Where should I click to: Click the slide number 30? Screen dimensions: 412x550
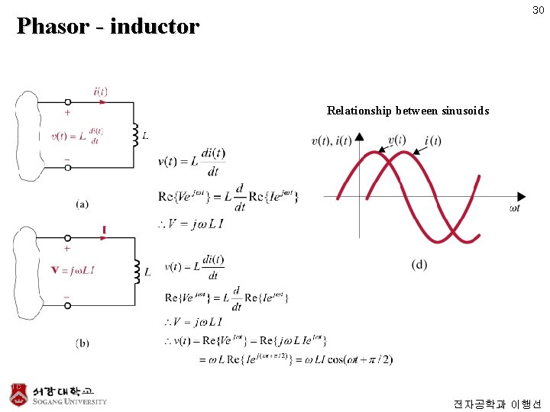[538, 10]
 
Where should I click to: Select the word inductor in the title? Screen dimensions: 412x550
[154, 27]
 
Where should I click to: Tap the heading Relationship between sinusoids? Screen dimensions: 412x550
[407, 111]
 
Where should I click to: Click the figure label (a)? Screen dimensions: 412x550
[82, 204]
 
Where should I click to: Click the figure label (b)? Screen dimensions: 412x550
[82, 343]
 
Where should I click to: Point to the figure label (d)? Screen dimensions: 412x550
[419, 265]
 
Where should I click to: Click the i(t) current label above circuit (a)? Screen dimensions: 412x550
[100, 92]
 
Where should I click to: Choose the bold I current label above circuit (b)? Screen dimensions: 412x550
[104, 229]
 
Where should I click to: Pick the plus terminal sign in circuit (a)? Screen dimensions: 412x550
[67, 113]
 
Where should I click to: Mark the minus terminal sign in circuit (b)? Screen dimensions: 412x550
[67, 295]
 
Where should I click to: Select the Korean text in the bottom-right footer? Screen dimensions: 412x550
[497, 404]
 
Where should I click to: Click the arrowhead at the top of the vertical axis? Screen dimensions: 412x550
[359, 137]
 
